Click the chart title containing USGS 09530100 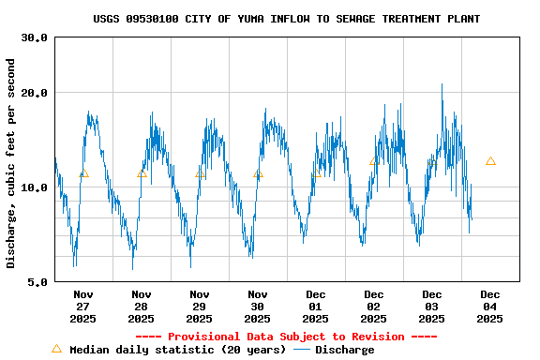click(286, 19)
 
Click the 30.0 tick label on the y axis click(35, 37)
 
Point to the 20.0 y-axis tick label click(35, 93)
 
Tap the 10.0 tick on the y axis click(35, 187)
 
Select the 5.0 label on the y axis click(38, 281)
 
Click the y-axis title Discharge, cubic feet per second click(11, 163)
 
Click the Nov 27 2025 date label click(83, 307)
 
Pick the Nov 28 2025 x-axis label click(142, 307)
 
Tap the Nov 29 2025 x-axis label click(200, 307)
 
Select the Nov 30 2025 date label click(258, 307)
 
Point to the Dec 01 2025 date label click(316, 307)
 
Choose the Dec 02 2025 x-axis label click(374, 307)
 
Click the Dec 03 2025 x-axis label click(432, 307)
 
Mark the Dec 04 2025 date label click(490, 307)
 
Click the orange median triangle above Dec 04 click(490, 161)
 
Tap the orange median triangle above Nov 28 click(142, 173)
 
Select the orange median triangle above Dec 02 click(374, 161)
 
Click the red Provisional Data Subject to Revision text click(286, 337)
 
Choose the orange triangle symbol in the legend click(56, 349)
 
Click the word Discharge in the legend click(344, 350)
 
